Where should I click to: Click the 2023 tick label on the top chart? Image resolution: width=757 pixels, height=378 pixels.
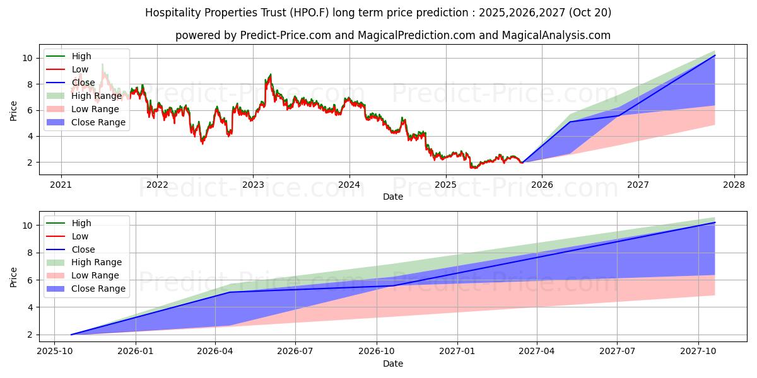tap(253, 185)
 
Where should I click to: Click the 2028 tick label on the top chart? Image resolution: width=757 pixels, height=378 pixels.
tap(734, 185)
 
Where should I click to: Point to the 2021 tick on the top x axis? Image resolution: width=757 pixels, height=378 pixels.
tap(61, 185)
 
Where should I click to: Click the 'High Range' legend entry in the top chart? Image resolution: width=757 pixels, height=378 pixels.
tap(96, 96)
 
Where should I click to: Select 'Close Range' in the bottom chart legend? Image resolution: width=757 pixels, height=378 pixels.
tap(98, 289)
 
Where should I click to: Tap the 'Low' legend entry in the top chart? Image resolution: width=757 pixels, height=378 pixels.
tap(80, 69)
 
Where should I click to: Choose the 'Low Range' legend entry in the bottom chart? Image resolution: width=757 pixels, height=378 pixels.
tap(95, 275)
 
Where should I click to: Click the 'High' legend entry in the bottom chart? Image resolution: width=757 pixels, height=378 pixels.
tap(81, 223)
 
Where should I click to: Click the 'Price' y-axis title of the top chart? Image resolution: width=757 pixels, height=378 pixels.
tap(14, 110)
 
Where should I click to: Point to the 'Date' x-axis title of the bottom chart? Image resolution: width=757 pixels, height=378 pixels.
tap(392, 364)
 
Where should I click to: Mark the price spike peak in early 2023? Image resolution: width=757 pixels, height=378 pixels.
tap(270, 74)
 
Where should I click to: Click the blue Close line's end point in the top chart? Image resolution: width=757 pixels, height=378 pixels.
tap(715, 55)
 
